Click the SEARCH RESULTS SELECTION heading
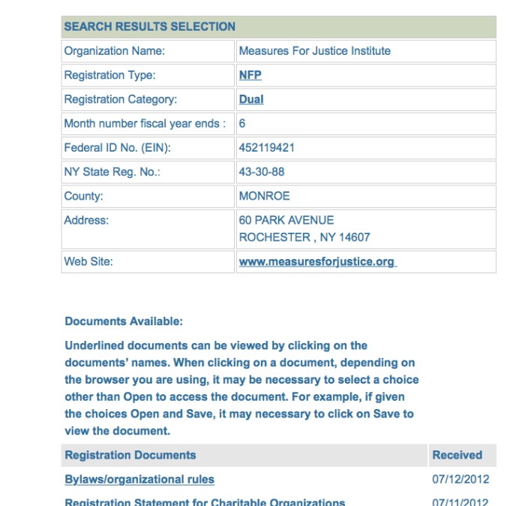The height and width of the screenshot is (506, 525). [149, 26]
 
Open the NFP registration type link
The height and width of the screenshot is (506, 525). [250, 75]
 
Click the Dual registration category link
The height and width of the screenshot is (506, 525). [251, 99]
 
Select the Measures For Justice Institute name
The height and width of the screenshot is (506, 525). [314, 51]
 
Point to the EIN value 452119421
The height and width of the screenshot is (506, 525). [266, 148]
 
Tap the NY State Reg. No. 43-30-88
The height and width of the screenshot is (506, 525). [261, 172]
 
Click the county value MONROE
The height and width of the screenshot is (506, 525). [264, 196]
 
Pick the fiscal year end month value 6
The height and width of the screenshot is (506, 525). [242, 123]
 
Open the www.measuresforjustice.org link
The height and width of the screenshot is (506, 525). [316, 262]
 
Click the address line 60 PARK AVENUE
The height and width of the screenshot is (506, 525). [286, 221]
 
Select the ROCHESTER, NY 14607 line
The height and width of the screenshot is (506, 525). [304, 237]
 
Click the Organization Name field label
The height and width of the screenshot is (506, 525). [114, 51]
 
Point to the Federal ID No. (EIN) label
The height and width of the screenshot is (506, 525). [117, 148]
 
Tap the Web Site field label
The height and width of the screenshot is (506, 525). [88, 262]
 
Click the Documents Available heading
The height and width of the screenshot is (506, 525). [124, 321]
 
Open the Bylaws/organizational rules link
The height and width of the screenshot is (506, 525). [139, 479]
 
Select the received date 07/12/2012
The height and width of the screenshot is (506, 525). [460, 479]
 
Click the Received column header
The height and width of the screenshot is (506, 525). [457, 455]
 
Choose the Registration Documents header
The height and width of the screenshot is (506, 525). [130, 455]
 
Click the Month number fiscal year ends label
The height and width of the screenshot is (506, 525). [145, 123]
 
